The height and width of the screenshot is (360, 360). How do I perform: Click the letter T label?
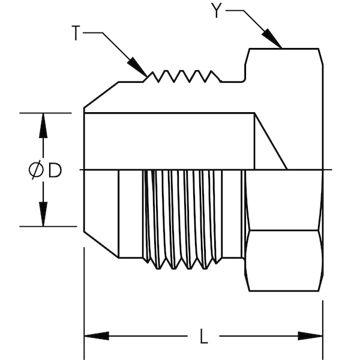click(x=76, y=34)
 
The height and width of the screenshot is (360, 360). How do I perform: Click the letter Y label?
click(x=217, y=10)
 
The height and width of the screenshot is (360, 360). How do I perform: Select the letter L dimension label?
click(x=203, y=337)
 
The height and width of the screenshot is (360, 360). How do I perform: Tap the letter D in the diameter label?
click(x=55, y=171)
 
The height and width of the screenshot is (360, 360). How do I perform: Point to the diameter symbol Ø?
click(x=36, y=171)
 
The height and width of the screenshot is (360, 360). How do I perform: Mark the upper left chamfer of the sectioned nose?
click(x=101, y=96)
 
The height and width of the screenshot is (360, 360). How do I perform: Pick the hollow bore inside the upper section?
click(x=168, y=140)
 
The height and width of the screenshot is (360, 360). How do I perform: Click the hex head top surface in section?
click(x=282, y=50)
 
